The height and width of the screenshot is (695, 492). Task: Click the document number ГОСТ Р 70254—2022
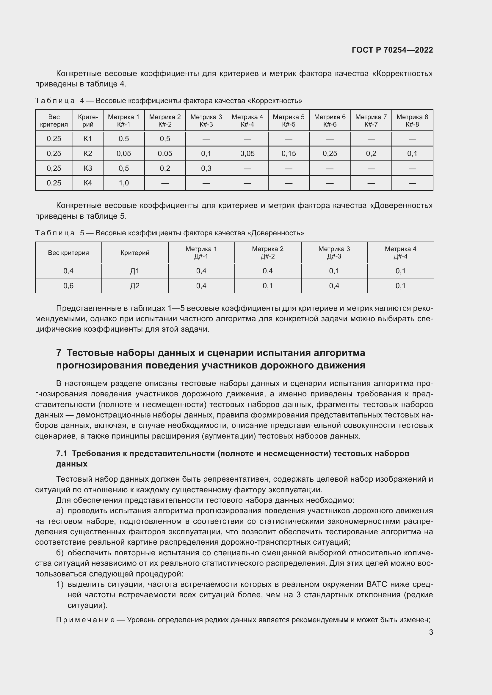(392, 50)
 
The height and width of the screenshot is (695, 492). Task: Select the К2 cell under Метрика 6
(330, 153)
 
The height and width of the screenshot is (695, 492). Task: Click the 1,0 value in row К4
(124, 183)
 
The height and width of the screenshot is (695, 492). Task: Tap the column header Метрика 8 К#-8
(412, 120)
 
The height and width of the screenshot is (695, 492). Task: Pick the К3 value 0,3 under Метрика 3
(206, 168)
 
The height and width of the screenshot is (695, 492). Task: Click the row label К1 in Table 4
(88, 139)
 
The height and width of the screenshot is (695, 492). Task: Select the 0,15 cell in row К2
(289, 153)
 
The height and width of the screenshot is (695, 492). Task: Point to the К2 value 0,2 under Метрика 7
(371, 153)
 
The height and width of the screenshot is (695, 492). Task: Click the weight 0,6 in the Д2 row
(68, 286)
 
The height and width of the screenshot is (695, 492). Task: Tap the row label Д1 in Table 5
(135, 271)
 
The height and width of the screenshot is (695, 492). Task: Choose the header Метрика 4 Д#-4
(400, 253)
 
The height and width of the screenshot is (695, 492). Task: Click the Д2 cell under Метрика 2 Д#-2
(268, 286)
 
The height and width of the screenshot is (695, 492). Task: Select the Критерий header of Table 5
(135, 253)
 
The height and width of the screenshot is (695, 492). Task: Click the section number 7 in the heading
(59, 353)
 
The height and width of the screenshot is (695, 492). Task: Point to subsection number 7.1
(62, 453)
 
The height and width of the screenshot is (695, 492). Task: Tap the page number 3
(431, 632)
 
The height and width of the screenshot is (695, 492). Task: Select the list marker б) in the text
(60, 553)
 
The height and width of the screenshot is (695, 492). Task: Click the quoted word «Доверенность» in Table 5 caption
(276, 233)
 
